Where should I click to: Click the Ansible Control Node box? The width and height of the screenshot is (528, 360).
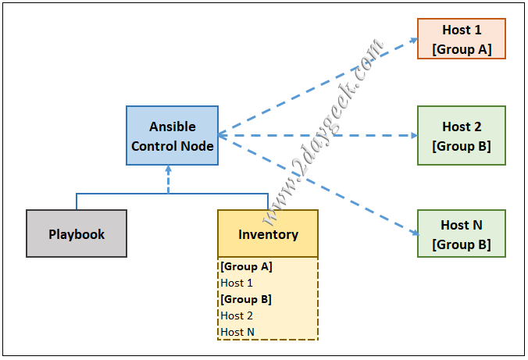point(172,136)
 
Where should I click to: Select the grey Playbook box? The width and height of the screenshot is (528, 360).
point(77,233)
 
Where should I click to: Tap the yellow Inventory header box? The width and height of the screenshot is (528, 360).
point(268,233)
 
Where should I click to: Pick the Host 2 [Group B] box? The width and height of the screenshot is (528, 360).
point(462,136)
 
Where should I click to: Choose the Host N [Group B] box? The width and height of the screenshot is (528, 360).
point(462,233)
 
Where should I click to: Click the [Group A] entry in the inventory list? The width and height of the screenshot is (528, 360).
point(246,266)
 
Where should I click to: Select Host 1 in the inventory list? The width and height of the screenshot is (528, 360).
point(237,283)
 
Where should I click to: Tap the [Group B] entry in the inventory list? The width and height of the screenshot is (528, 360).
point(246,299)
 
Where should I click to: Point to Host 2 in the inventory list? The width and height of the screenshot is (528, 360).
point(237,315)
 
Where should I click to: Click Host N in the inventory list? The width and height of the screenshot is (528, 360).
point(237,332)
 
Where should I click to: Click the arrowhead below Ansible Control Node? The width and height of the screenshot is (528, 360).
point(169,169)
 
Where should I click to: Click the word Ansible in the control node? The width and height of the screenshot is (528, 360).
point(172,127)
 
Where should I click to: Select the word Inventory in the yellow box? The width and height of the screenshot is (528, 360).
point(268,233)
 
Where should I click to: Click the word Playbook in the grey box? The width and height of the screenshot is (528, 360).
point(77,233)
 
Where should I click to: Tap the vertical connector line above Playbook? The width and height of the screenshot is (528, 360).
point(77,201)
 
